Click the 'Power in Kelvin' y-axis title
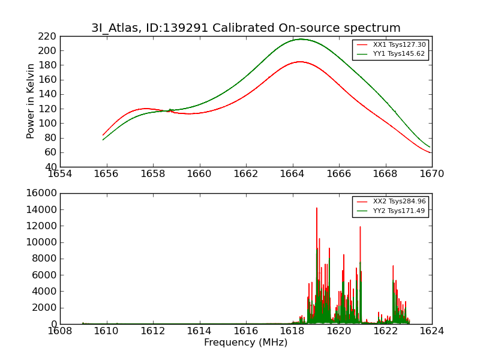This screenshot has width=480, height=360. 31,101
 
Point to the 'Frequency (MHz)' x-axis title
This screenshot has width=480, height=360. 245,343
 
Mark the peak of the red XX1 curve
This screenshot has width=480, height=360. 300,62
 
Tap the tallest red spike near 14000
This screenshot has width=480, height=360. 317,208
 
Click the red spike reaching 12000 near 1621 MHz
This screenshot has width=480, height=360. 360,227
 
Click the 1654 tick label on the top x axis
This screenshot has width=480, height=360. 60,173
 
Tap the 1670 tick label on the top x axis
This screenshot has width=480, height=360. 431,173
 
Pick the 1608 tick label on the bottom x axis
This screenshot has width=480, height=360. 60,331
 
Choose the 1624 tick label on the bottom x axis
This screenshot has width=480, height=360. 431,331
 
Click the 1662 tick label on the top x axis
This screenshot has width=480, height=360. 246,173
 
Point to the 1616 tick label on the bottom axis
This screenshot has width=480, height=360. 246,331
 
